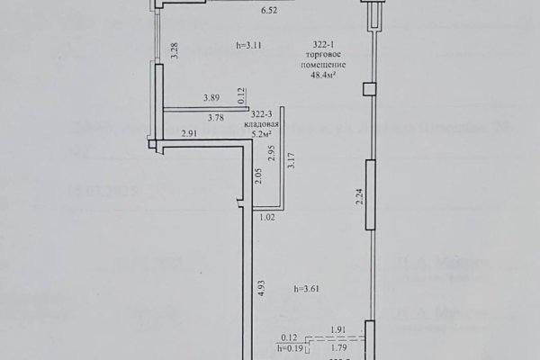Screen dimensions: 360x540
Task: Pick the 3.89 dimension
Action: (x=211, y=97)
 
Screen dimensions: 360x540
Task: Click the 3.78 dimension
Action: (x=216, y=117)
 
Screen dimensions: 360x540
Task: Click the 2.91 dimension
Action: (x=189, y=135)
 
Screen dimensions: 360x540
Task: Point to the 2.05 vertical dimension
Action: (x=257, y=176)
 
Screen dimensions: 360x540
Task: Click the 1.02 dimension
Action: (x=267, y=217)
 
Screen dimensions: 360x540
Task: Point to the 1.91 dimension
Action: (x=339, y=331)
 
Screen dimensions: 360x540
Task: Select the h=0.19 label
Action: (x=291, y=348)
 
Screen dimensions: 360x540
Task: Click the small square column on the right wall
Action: (x=368, y=88)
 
